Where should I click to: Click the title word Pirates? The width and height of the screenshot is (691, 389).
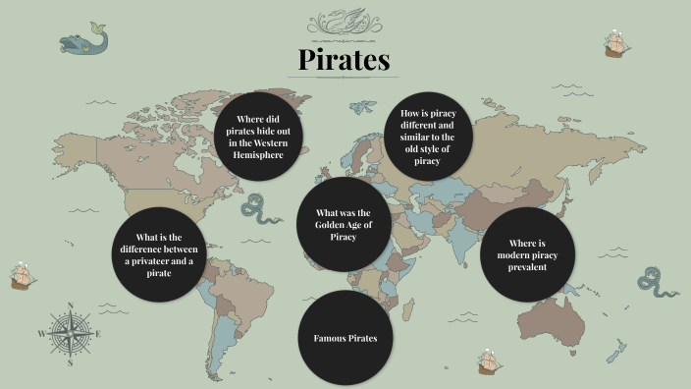(x=345, y=60)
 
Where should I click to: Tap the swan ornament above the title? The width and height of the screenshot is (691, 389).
(x=345, y=21)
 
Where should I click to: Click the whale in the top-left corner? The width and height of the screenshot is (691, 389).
(x=83, y=39)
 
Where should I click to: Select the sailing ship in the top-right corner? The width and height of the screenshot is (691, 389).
(x=616, y=43)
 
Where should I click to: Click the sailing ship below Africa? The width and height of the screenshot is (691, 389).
(x=491, y=361)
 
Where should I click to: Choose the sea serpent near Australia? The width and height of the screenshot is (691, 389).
(x=657, y=282)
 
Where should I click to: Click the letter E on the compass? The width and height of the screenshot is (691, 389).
(x=99, y=334)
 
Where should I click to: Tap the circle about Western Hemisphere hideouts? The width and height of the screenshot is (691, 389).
(x=259, y=137)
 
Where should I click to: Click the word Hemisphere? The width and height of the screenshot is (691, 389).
(x=259, y=154)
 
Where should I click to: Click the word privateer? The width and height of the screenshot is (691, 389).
(x=141, y=263)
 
